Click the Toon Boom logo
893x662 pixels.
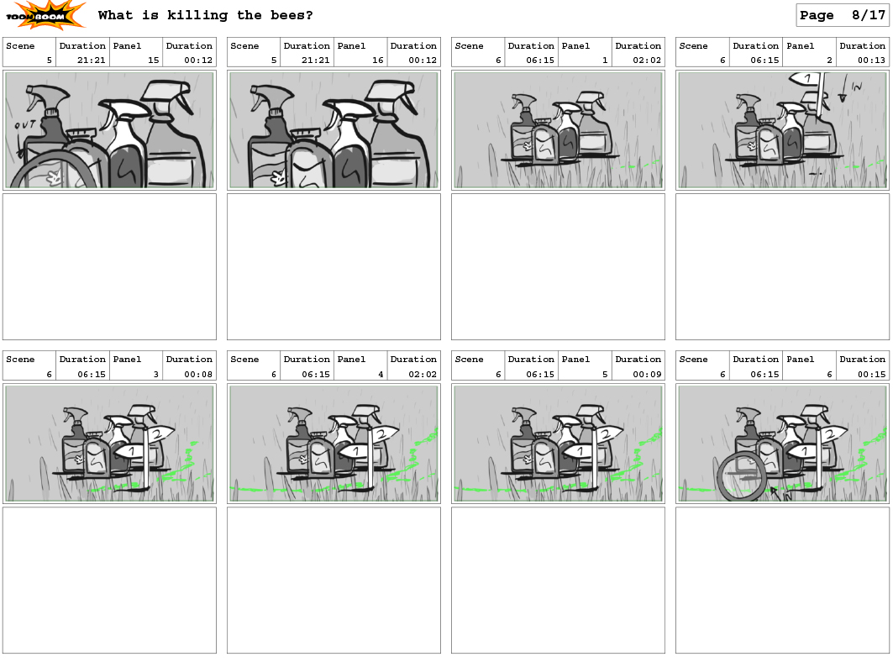tap(45, 15)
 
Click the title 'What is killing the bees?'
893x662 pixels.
tap(206, 15)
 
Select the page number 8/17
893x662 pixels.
tap(869, 15)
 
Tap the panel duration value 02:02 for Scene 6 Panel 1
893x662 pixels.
tap(647, 60)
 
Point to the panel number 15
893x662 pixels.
tap(154, 60)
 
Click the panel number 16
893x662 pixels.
tap(378, 60)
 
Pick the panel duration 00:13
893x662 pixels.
tap(871, 60)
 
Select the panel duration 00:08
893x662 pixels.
tap(198, 375)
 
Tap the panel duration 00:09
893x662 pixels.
tap(647, 375)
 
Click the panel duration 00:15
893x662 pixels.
tap(871, 375)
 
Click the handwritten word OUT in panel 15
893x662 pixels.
tap(25, 124)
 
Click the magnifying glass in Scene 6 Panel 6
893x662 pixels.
tap(742, 476)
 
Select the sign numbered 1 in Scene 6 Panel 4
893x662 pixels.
tap(355, 452)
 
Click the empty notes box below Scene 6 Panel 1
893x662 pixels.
tap(558, 266)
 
